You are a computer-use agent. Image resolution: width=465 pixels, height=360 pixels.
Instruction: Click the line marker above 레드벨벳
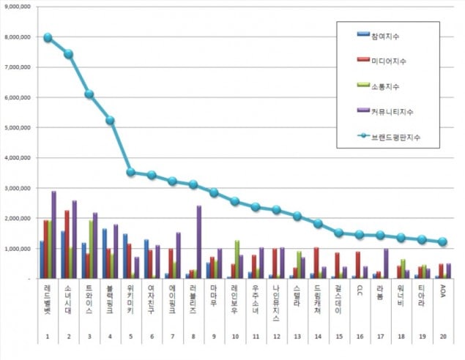pos(48,37)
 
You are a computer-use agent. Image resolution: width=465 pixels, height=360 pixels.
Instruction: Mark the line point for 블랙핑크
pos(110,120)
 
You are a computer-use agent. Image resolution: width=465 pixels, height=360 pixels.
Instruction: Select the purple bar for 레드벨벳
pos(53,234)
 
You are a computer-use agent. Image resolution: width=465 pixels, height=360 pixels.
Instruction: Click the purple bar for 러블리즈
pos(199,241)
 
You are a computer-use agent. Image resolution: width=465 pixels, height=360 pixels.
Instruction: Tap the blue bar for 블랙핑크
pos(104,253)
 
